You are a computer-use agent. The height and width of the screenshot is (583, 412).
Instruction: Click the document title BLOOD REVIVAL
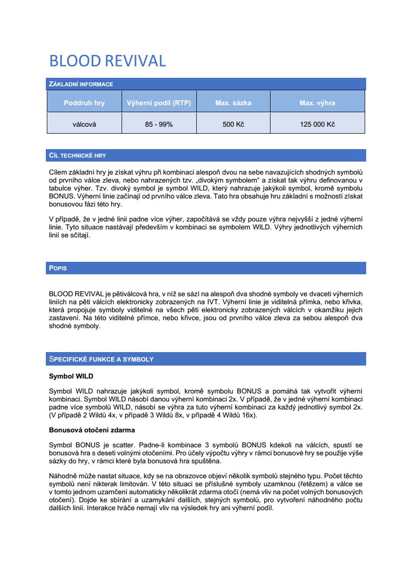pos(107,61)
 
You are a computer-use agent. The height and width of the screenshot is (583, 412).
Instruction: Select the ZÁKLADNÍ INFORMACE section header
pos(81,84)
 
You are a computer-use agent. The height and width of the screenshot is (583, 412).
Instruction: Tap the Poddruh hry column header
pos(84,103)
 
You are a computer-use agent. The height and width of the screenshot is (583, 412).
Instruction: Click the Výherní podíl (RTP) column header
pos(159,103)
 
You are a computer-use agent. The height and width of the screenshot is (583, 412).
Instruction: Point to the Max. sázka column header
pos(233,103)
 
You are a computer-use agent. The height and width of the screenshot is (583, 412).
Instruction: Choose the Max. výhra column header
pos(317,103)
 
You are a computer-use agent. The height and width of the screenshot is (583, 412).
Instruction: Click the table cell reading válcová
pos(84,124)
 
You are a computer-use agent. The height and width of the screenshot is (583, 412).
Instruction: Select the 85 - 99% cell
pos(159,124)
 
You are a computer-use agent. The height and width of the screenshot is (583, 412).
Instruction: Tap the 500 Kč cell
pos(233,124)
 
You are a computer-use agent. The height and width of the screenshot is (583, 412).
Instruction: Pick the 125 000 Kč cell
pos(317,124)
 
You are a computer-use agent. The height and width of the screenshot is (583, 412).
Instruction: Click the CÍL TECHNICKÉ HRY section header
pos(77,156)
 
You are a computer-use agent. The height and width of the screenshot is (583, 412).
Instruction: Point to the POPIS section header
pos(58,268)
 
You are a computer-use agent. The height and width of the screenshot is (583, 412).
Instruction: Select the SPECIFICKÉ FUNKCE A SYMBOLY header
pos(101,359)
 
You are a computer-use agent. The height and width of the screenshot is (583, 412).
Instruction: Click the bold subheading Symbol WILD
pos(71,376)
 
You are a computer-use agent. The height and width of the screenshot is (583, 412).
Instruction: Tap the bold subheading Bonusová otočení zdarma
pos(92,430)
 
